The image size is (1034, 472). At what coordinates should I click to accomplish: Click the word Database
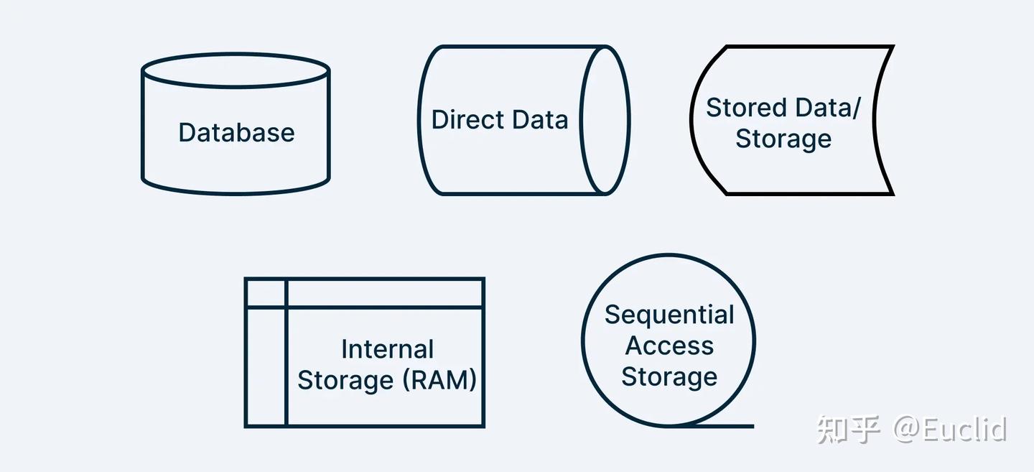click(x=236, y=132)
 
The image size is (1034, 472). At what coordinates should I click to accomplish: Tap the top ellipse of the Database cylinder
click(x=236, y=54)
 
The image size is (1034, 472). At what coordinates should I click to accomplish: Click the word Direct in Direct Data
click(x=467, y=119)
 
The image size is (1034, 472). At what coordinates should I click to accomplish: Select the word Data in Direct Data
click(x=540, y=119)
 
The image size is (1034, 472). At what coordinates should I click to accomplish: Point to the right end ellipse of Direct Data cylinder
click(x=581, y=120)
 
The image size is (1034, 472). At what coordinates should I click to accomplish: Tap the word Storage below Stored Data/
click(x=783, y=139)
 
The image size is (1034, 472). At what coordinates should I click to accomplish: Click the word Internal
click(x=387, y=349)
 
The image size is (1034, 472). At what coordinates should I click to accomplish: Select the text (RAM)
click(x=439, y=380)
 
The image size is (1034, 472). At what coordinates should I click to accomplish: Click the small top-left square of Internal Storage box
click(x=266, y=292)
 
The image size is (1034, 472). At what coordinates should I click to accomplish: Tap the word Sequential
click(x=669, y=315)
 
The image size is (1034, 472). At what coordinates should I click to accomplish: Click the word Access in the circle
click(x=669, y=346)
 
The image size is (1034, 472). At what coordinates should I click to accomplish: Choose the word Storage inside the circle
click(x=669, y=377)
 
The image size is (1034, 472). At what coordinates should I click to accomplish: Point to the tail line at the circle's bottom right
click(x=725, y=426)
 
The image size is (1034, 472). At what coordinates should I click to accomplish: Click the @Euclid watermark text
click(x=950, y=430)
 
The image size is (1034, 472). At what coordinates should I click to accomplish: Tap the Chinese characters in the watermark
click(x=849, y=430)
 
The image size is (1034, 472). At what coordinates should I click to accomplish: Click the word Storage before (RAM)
click(x=345, y=381)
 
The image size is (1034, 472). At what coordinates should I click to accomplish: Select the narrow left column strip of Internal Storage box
click(x=266, y=366)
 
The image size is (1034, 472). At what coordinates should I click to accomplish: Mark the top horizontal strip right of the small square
click(x=385, y=292)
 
